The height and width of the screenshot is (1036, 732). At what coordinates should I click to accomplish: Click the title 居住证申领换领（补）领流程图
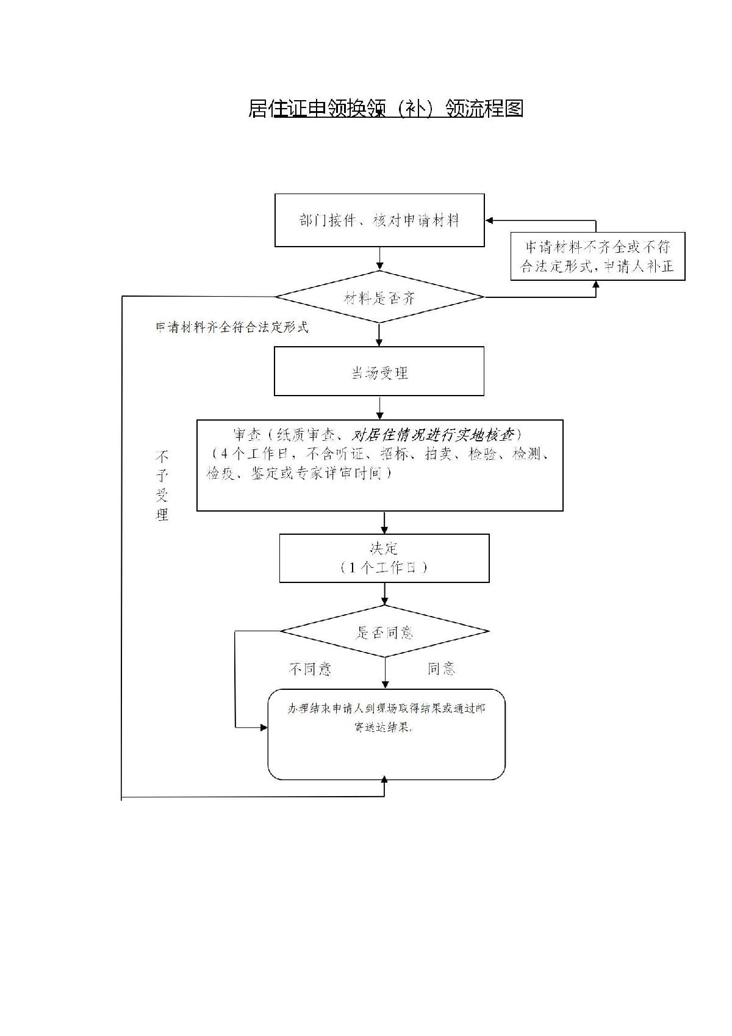386,108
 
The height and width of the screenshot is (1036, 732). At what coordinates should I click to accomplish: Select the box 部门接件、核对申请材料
379,220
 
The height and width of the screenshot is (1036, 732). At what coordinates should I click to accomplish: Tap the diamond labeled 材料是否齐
379,297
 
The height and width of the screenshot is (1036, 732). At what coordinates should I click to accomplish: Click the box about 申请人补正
597,256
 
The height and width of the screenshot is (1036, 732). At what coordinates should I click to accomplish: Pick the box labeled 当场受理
379,371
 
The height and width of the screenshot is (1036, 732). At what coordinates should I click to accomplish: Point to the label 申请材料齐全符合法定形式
232,327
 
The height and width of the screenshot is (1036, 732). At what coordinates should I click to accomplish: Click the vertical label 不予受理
162,485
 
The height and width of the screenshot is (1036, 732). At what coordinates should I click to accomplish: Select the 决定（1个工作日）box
384,558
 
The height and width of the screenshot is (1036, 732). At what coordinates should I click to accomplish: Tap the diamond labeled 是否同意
384,631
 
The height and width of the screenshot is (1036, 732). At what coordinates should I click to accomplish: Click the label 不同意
310,669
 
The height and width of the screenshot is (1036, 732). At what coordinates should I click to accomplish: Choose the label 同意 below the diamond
441,669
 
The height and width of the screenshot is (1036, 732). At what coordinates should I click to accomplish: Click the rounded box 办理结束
387,734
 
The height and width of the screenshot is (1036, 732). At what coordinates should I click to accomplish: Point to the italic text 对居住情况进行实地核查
434,435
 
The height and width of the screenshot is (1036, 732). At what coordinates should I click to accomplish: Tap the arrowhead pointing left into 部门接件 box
490,221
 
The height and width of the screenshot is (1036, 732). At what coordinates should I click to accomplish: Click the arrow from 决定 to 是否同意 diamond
384,594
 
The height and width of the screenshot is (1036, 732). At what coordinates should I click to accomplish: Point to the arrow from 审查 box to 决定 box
384,523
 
